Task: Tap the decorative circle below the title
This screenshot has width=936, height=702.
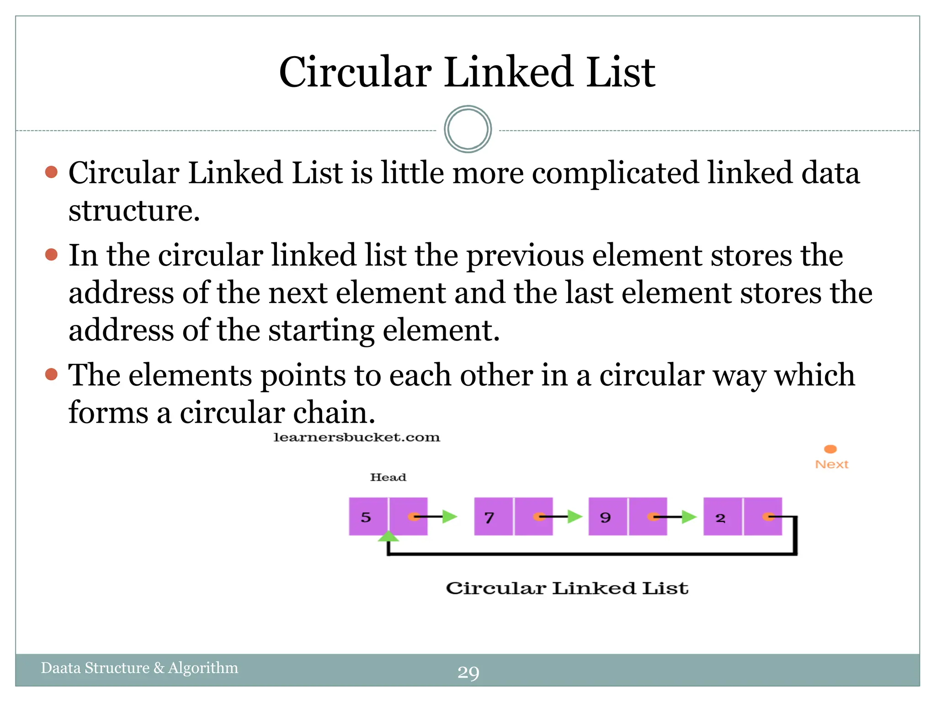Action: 468,129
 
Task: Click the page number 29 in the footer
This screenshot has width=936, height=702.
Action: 468,672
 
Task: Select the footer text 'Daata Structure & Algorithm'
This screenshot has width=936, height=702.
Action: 139,668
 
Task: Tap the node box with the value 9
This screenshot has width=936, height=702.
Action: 607,517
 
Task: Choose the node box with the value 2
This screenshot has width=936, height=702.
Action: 722,517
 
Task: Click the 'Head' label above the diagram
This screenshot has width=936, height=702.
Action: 388,477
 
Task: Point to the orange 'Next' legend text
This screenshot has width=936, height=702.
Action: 831,464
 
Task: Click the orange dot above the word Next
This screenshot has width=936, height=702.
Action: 830,449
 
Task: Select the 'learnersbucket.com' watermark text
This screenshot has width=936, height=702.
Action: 356,437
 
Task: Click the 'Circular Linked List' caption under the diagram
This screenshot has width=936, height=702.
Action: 567,588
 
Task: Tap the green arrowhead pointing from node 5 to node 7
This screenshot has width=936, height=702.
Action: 450,517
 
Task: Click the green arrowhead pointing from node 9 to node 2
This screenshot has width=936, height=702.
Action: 689,517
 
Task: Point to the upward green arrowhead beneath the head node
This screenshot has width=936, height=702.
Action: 388,537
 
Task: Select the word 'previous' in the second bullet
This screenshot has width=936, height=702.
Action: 525,256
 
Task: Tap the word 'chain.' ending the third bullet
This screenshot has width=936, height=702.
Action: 334,413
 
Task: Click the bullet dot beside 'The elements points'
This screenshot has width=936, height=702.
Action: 52,375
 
